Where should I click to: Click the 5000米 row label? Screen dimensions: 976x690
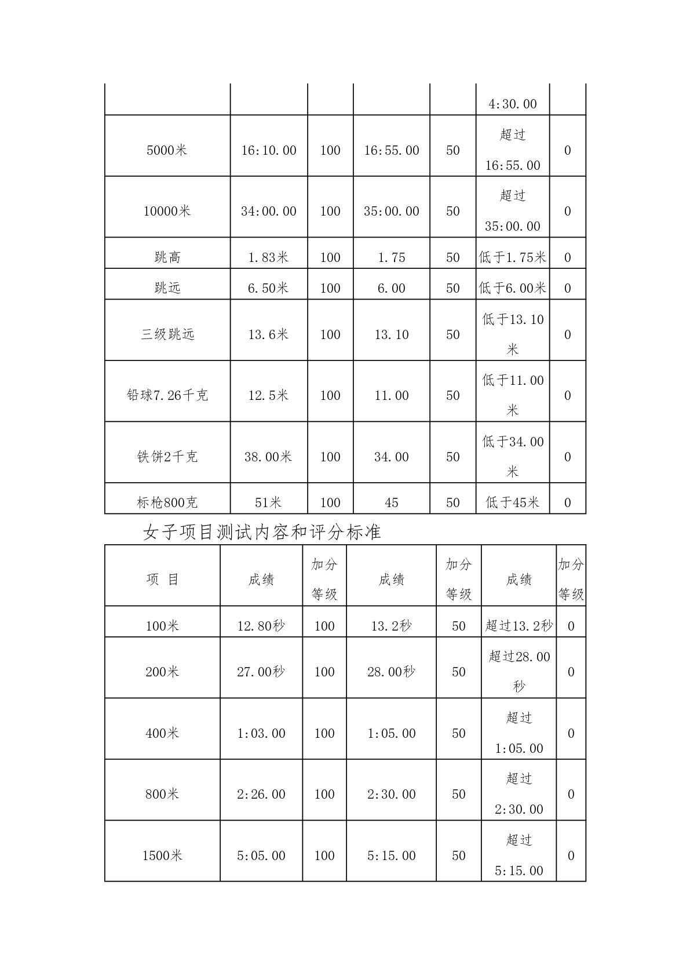[x=167, y=150]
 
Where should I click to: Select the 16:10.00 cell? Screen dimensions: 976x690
[x=268, y=150]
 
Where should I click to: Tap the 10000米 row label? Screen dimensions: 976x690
[x=167, y=211]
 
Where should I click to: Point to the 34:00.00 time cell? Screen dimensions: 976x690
[x=268, y=211]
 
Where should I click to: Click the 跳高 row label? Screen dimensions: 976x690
[x=167, y=257]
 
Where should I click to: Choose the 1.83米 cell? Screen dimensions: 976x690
[x=268, y=257]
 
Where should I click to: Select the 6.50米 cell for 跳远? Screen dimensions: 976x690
[x=268, y=288]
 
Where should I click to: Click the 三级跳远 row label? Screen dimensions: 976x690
[x=167, y=334]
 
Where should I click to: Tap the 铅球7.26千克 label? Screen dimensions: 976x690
[x=167, y=395]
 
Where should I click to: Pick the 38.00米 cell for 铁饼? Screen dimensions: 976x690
[x=268, y=457]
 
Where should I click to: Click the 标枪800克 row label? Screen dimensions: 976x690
[x=167, y=502]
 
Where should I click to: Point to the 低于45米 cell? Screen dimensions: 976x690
[x=512, y=502]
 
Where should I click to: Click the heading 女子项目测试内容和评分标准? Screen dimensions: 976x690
[x=262, y=532]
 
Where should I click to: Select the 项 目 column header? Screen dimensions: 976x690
[x=162, y=580]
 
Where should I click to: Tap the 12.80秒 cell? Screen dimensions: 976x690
[x=261, y=626]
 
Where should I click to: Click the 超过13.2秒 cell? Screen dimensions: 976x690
[x=519, y=626]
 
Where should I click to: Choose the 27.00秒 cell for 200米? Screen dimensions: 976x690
[x=261, y=672]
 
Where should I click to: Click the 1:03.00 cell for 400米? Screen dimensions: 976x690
[x=261, y=733]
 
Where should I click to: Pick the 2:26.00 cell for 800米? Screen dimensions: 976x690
[x=261, y=794]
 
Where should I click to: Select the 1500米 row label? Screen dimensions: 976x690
[x=162, y=855]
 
